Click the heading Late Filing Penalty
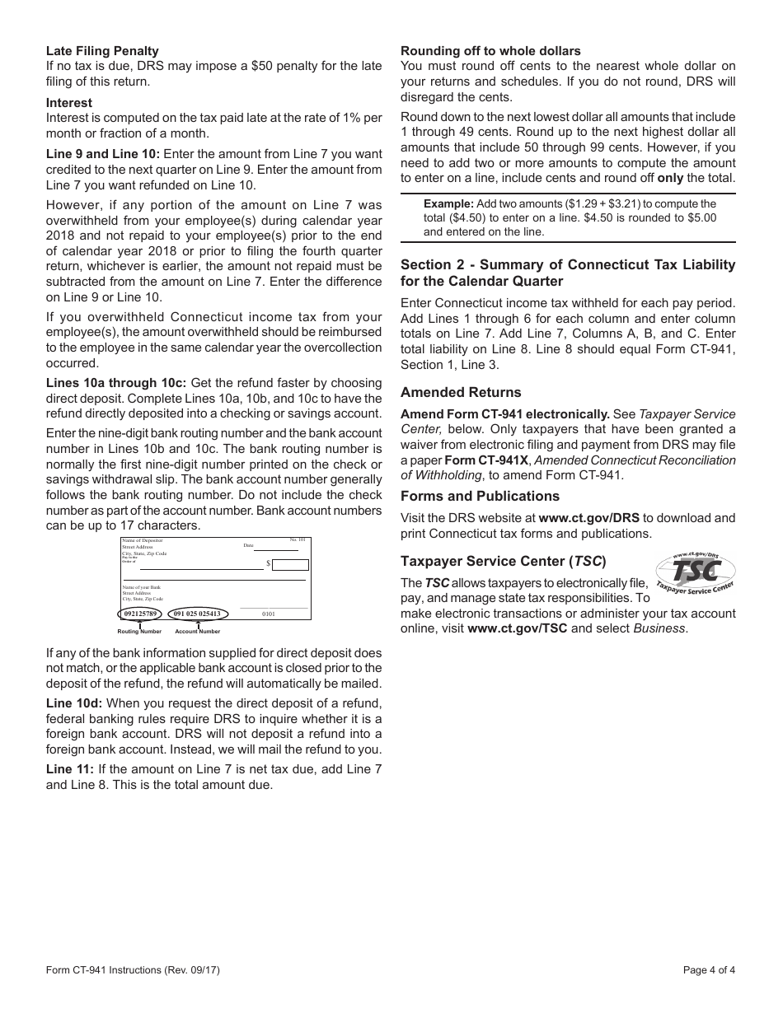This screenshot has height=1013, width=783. pyautogui.click(x=102, y=51)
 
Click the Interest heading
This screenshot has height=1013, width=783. pyautogui.click(x=69, y=103)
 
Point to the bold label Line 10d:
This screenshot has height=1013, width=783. pyautogui.click(x=74, y=703)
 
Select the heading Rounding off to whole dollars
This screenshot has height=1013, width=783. pyautogui.click(x=490, y=51)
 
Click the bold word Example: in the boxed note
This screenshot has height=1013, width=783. pyautogui.click(x=448, y=203)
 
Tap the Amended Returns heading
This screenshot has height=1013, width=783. pyautogui.click(x=461, y=393)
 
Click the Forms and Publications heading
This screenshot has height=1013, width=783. pyautogui.click(x=480, y=497)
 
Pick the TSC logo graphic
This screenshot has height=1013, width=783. pyautogui.click(x=694, y=572)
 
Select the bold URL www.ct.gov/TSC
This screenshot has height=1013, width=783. pyautogui.click(x=517, y=628)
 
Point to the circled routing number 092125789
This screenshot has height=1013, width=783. pyautogui.click(x=139, y=614)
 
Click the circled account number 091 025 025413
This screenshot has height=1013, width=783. pyautogui.click(x=197, y=614)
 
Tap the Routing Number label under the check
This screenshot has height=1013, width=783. pyautogui.click(x=139, y=632)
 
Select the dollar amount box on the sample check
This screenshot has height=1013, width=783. pyautogui.click(x=290, y=565)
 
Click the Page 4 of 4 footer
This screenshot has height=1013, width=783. pyautogui.click(x=709, y=969)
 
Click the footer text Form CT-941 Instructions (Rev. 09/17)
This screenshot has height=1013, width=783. pyautogui.click(x=133, y=969)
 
